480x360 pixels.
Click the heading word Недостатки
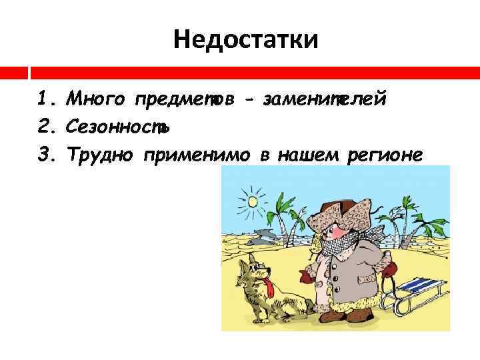246,41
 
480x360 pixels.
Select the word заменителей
325,100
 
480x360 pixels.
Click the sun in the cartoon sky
253,200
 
